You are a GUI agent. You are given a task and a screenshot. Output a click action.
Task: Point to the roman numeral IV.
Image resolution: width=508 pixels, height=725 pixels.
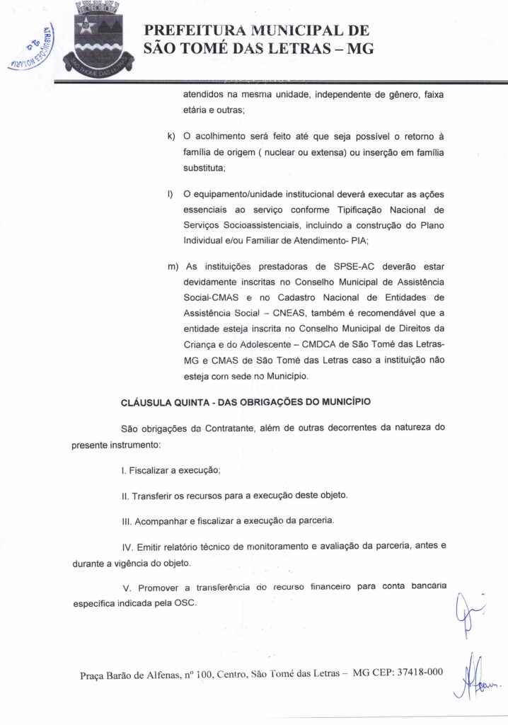pyautogui.click(x=128, y=546)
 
